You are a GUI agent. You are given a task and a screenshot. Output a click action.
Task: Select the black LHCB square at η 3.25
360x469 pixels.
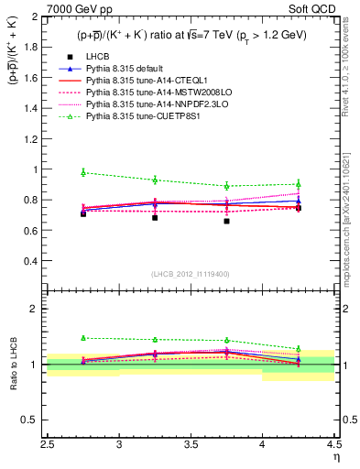155,218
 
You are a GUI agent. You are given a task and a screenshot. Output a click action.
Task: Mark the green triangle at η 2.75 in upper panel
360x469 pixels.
83,172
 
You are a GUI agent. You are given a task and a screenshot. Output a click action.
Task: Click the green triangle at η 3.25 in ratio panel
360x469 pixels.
155,340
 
